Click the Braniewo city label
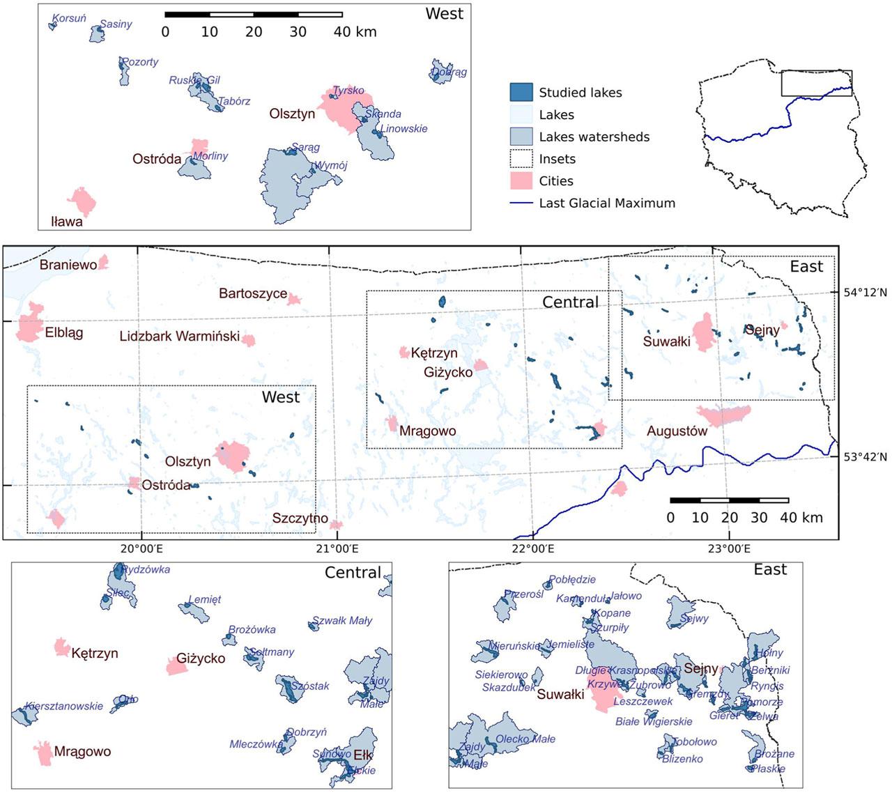click(68, 265)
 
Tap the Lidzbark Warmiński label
click(179, 337)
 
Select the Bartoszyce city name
click(252, 293)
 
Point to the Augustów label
click(676, 431)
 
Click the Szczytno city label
click(300, 518)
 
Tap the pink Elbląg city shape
click(30, 325)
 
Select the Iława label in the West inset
click(67, 222)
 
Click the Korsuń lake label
click(70, 18)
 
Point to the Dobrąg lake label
click(449, 72)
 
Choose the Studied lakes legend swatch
click(521, 92)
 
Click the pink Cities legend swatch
click(521, 181)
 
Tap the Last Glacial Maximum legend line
click(521, 203)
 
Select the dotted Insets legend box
click(521, 159)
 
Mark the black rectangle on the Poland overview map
click(816, 83)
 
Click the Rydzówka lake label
click(146, 569)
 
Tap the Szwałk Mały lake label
click(341, 620)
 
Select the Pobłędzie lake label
click(572, 579)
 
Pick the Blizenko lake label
click(682, 759)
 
